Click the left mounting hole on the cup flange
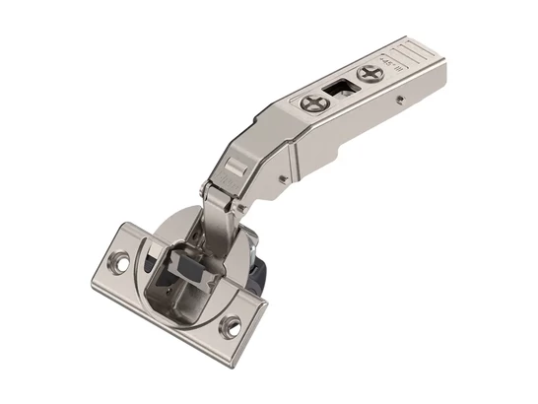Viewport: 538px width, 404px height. (x=121, y=264)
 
